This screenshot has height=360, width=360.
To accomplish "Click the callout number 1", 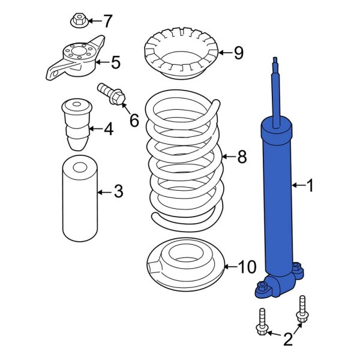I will pyautogui.click(x=310, y=187).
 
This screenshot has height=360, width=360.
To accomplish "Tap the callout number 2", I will pyautogui.click(x=287, y=340).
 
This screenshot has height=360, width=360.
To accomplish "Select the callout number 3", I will pyautogui.click(x=118, y=192).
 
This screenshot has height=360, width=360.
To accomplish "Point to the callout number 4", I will pyautogui.click(x=108, y=128).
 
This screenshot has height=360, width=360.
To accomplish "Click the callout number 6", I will pyautogui.click(x=133, y=120).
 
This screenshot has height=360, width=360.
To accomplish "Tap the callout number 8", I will pyautogui.click(x=242, y=157).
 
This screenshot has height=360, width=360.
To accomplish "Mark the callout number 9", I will pyautogui.click(x=238, y=53).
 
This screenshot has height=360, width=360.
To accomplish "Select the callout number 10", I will pyautogui.click(x=247, y=267).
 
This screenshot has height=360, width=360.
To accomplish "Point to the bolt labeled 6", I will pyautogui.click(x=111, y=94).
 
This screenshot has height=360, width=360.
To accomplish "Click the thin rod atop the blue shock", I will pyautogui.click(x=276, y=90).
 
